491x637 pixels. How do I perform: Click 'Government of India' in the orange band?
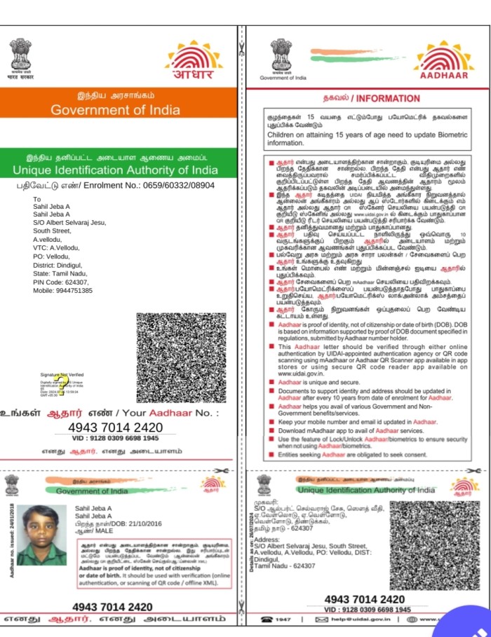(115, 110)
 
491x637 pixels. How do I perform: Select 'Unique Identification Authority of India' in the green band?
(115, 170)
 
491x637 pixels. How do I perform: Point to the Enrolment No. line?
(116, 186)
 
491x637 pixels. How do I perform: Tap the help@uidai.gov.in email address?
(358, 619)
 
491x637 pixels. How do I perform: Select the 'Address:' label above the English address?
(267, 540)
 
